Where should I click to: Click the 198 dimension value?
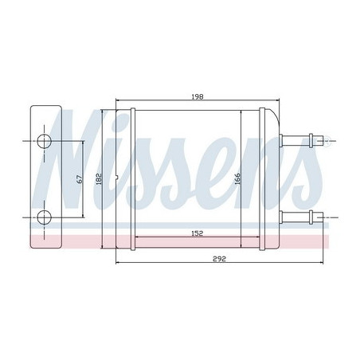[198, 97]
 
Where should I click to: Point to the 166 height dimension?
[237, 178]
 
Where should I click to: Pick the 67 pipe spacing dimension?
[80, 178]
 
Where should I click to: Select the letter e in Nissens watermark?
[227, 171]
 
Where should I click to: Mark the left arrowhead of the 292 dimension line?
[119, 262]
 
